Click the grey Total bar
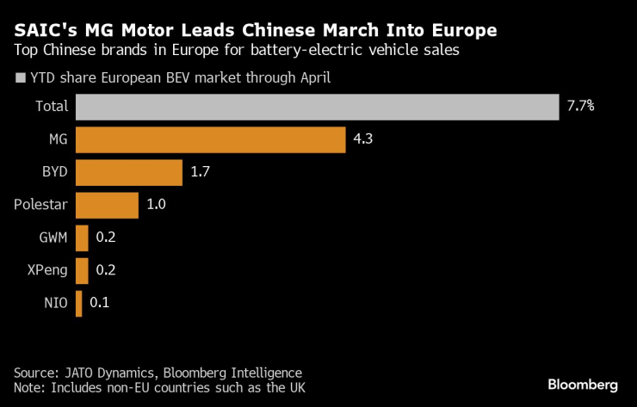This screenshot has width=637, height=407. click(x=318, y=107)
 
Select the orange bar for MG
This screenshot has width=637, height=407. click(x=211, y=139)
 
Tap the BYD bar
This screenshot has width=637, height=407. click(x=129, y=172)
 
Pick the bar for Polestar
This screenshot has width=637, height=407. click(x=107, y=205)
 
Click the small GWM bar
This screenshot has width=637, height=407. click(x=83, y=237)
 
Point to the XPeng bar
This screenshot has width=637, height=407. click(x=83, y=270)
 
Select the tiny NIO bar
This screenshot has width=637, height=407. click(x=79, y=303)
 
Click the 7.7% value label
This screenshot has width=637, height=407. click(x=581, y=107)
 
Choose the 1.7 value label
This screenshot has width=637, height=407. click(x=200, y=172)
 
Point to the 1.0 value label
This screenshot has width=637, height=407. click(x=156, y=205)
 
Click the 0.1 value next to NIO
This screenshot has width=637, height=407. click(x=99, y=303)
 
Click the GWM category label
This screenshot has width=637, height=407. click(x=52, y=237)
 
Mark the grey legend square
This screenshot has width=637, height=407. click(x=21, y=78)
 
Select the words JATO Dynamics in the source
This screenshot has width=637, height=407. click(x=110, y=373)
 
